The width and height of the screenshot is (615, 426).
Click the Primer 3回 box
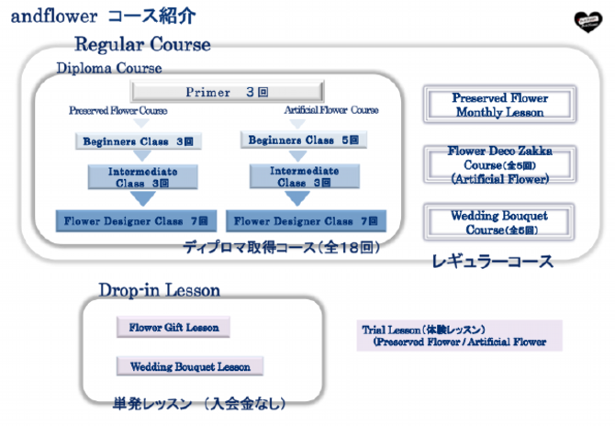[226, 92]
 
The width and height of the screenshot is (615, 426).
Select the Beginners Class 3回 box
[138, 141]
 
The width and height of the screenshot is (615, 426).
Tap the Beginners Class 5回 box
[305, 140]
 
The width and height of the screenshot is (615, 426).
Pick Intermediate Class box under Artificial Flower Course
[305, 176]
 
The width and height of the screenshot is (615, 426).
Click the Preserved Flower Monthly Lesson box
[499, 105]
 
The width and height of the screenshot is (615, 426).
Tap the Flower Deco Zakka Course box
[499, 164]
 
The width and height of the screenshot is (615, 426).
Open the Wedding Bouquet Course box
[499, 222]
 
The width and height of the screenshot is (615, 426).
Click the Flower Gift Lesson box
[173, 327]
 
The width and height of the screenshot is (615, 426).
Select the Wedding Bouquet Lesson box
[190, 366]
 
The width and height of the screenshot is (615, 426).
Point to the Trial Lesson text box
[458, 335]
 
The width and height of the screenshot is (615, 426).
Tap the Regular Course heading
[142, 44]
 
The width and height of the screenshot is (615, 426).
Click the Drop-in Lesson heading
[160, 290]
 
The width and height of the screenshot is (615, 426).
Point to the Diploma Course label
[109, 68]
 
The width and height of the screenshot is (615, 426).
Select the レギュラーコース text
[492, 262]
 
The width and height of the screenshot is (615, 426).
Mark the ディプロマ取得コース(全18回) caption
[281, 247]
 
